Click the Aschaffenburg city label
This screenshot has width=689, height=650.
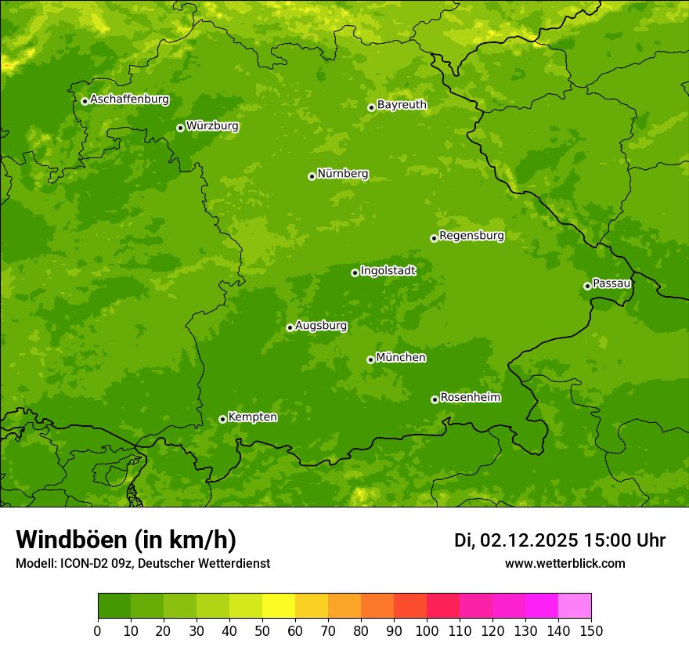click(129, 99)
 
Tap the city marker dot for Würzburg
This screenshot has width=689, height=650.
click(180, 128)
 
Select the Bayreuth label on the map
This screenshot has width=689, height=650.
click(402, 105)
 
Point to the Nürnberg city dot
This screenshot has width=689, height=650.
click(312, 176)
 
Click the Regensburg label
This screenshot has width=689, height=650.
click(471, 236)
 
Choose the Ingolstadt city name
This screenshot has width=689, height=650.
click(388, 271)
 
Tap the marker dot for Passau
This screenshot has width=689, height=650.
click(587, 286)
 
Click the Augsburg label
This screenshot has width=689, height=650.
click(321, 326)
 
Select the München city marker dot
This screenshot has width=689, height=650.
click(370, 359)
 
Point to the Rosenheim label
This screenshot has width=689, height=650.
click(470, 398)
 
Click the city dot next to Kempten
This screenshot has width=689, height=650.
click(222, 419)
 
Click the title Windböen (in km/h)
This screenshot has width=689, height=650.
click(126, 540)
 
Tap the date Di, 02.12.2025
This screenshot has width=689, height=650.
click(516, 540)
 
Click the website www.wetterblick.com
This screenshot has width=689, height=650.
click(565, 564)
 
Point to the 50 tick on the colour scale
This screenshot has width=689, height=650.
click(262, 630)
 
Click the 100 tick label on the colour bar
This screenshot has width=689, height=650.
click(427, 630)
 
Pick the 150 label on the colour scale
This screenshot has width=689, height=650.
click(591, 630)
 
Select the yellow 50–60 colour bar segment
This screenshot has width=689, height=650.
click(279, 606)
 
